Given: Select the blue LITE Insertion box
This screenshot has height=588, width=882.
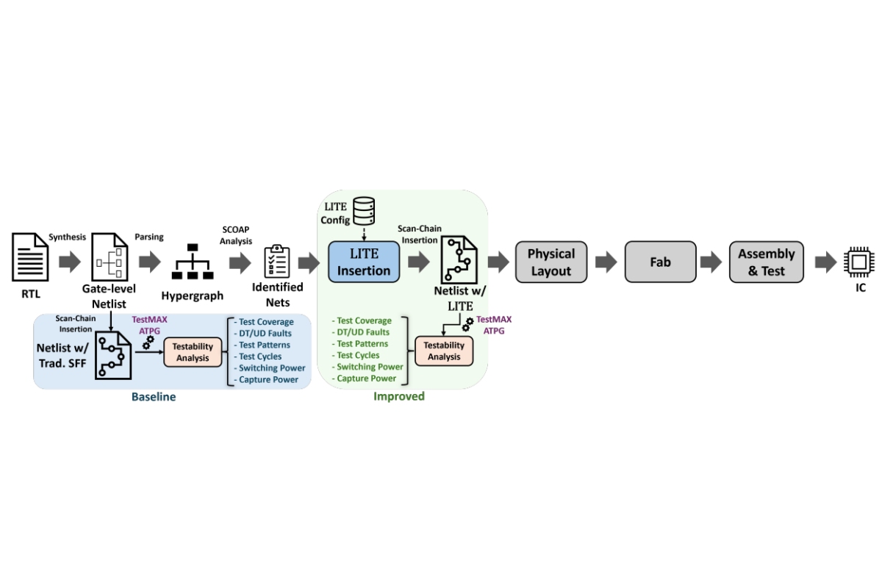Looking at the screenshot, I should pos(364,262).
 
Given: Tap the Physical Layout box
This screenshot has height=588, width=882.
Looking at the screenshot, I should pos(551,262).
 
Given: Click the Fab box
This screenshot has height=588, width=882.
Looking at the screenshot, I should pos(660,262).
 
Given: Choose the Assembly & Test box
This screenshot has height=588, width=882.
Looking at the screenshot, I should pos(766,262).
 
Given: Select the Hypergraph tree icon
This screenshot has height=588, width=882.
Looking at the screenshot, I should pos(193,262).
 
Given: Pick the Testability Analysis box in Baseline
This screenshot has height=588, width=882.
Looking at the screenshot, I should pos(193,352).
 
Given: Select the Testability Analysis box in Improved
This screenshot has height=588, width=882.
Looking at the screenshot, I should pos(444,351).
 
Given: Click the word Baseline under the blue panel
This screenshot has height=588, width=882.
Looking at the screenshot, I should pos(154,397).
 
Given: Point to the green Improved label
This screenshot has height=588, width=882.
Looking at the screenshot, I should pos(398,396).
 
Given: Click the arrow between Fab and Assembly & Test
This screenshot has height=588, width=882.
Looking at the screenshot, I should pos(711,262).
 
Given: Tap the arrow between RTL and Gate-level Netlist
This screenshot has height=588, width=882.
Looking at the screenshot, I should pos(71,262).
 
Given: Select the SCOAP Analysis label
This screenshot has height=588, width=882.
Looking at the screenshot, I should pos(236,235).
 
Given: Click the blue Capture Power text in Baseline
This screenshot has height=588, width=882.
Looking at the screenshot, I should pos(268,380).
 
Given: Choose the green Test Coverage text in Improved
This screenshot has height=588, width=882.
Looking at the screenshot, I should pos(365,320).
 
